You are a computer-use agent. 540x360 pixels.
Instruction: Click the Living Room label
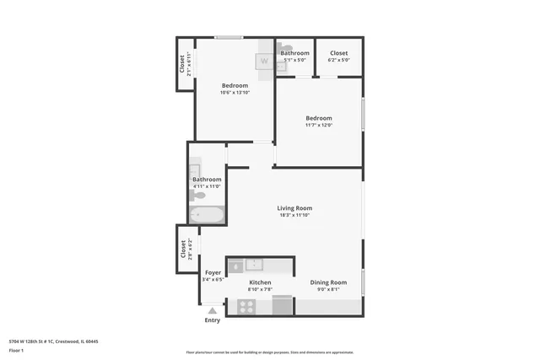[x=295, y=207]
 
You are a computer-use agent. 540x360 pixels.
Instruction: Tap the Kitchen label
[x=260, y=282]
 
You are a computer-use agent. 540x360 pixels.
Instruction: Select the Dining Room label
[x=328, y=282]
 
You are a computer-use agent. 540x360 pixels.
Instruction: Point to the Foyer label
[x=214, y=272]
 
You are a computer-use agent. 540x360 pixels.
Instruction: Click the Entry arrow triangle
[x=213, y=311]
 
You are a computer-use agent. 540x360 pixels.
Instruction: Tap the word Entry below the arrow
[x=213, y=320]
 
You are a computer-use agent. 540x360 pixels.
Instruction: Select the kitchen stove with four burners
[x=246, y=307]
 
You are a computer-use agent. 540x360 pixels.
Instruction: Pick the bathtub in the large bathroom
[x=206, y=216]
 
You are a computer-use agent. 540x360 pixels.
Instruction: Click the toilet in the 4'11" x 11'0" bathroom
[x=199, y=195]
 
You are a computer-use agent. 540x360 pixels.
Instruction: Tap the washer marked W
[x=264, y=61]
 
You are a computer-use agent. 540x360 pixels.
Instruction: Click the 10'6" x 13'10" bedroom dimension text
[x=235, y=93]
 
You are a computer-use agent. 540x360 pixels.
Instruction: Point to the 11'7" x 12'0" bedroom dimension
[x=319, y=126]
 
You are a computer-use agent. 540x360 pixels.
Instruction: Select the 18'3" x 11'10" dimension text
[x=295, y=215]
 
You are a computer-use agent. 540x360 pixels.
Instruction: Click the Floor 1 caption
[x=16, y=350]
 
